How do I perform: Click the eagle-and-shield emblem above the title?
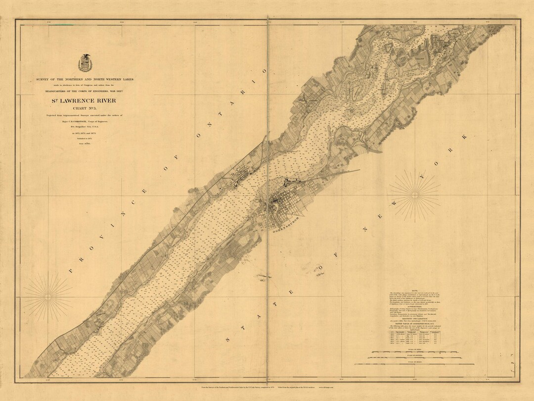85,63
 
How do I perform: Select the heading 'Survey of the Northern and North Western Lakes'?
85,79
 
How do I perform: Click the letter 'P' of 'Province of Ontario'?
70,270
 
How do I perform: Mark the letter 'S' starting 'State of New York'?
228,340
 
